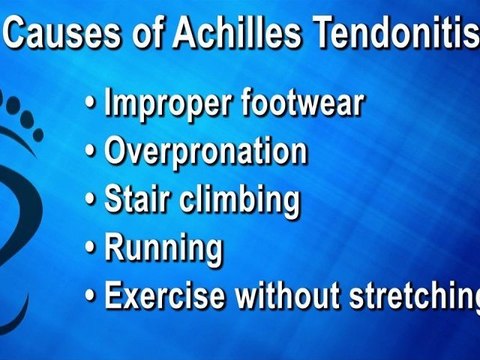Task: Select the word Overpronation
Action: tap(205, 152)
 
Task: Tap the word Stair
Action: tap(136, 198)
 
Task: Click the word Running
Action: tap(162, 246)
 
